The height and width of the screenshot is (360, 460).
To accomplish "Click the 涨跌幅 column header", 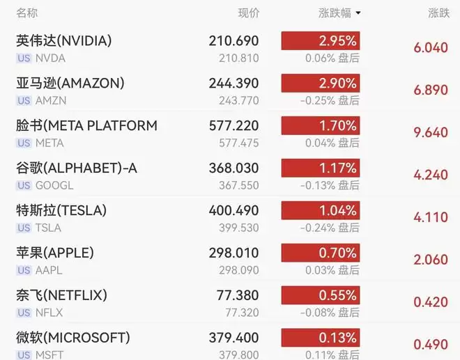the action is click(x=335, y=13).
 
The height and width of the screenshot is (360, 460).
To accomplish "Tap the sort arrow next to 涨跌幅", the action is click(x=358, y=13).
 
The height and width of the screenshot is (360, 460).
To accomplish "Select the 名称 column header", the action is click(x=27, y=13).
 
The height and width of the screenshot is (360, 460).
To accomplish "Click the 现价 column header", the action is click(x=249, y=13).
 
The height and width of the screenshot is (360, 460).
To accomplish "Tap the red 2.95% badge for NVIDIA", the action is click(x=321, y=41).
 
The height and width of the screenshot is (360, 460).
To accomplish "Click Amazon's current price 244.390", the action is click(x=233, y=84).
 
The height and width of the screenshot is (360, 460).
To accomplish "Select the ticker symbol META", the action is click(x=49, y=143).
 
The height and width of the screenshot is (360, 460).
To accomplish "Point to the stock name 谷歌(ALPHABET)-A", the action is click(x=77, y=168).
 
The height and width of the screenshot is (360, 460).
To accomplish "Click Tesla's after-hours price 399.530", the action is click(x=239, y=228).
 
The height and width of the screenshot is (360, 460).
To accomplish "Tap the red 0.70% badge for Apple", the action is click(x=321, y=253).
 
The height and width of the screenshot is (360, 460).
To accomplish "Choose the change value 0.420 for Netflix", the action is click(x=431, y=302).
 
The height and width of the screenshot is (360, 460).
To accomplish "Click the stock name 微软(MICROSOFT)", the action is click(x=73, y=338).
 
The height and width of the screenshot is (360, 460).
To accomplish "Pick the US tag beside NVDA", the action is click(x=24, y=58).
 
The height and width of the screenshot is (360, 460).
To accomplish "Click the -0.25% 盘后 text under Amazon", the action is click(x=330, y=100).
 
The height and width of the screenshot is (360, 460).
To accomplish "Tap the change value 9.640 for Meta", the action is click(x=431, y=132).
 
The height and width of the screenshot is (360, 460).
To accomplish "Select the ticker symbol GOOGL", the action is click(x=54, y=185).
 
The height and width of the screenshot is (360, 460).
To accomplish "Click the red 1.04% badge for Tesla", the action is click(x=321, y=210).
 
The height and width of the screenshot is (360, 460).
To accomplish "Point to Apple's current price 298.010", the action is click(x=233, y=253).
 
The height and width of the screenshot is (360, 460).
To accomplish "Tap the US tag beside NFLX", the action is click(x=24, y=313).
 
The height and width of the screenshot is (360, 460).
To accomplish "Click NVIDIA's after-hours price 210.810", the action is click(x=239, y=58).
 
